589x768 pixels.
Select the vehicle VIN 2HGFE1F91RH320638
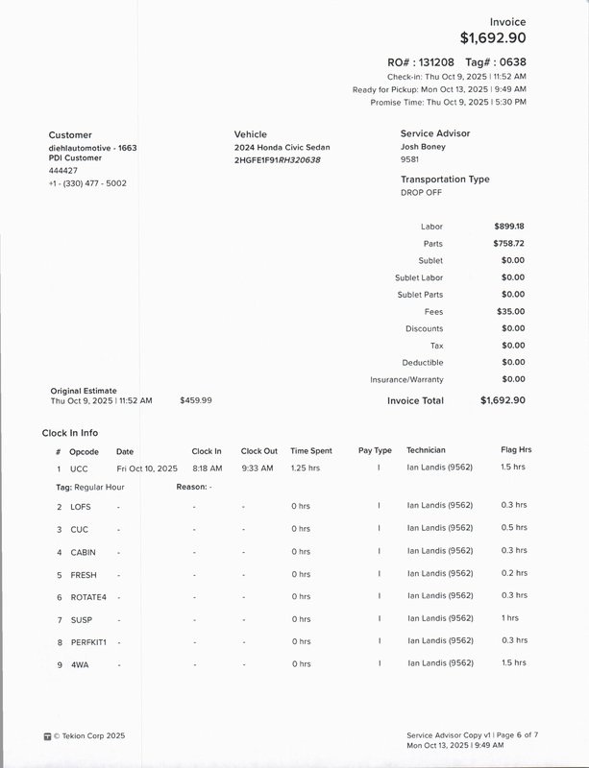pos(277,159)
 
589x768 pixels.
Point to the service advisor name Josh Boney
pos(424,147)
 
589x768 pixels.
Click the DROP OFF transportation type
pos(421,192)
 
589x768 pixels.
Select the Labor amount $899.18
pos(509,227)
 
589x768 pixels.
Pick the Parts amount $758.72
pos(509,244)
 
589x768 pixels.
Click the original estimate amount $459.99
pos(196,400)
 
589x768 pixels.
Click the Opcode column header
pos(85,451)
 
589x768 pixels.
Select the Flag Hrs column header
pos(516,450)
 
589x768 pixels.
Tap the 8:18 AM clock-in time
pos(207,468)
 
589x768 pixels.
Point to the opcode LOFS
pos(81,506)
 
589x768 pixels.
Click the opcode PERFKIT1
pos(88,641)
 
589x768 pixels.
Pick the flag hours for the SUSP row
pos(509,618)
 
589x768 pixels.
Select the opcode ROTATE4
pos(88,596)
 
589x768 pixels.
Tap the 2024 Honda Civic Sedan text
pos(282,147)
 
